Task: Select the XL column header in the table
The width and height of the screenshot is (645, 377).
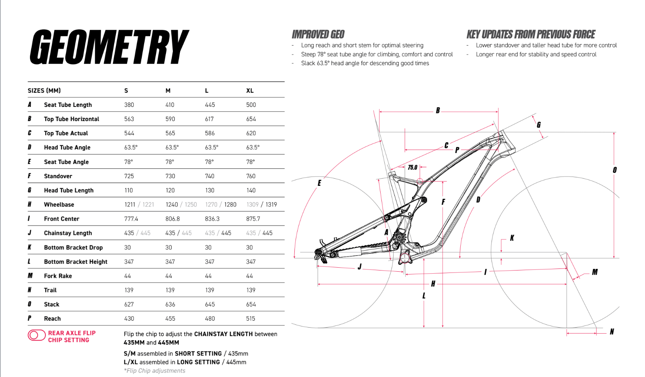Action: coord(250,91)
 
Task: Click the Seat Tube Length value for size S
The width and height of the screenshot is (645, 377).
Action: coord(129,105)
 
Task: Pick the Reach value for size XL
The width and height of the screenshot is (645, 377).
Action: coord(251,319)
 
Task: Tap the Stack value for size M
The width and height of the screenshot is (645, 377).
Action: coord(170,305)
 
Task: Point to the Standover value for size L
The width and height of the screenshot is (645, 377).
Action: coord(209,176)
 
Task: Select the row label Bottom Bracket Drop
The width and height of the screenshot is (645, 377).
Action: coord(73,247)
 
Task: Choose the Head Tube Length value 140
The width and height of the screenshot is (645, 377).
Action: coord(251,190)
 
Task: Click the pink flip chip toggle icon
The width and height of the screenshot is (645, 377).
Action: coord(36,335)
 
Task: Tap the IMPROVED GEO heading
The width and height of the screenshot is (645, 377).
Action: coord(318,34)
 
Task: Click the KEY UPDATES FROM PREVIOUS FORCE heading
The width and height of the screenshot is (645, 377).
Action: coord(531,34)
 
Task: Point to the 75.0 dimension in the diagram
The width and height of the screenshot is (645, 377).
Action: coord(412,167)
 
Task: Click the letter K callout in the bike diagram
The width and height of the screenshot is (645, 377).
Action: coord(512,238)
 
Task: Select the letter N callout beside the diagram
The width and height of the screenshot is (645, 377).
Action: coord(612,332)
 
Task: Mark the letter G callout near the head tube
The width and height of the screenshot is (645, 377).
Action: coord(539,125)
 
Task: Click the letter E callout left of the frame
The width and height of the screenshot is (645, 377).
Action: coord(319,183)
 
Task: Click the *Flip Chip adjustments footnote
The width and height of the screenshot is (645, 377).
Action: coord(155,371)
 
